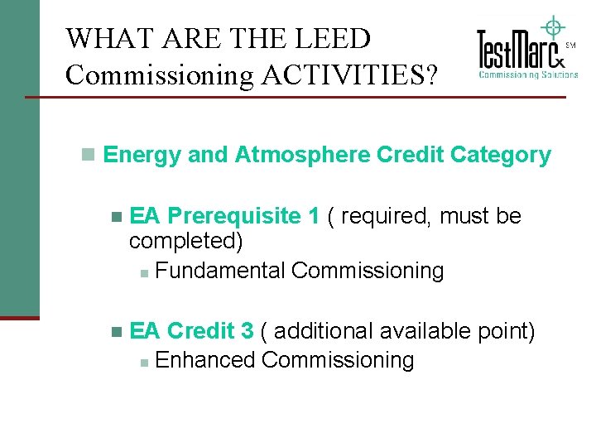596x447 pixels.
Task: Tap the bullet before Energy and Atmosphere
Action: tap(88, 155)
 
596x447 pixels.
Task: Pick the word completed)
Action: tap(186, 242)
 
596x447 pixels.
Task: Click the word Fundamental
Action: tap(220, 271)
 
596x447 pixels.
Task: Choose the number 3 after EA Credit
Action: tap(247, 331)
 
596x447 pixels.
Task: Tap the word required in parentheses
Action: tap(386, 216)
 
